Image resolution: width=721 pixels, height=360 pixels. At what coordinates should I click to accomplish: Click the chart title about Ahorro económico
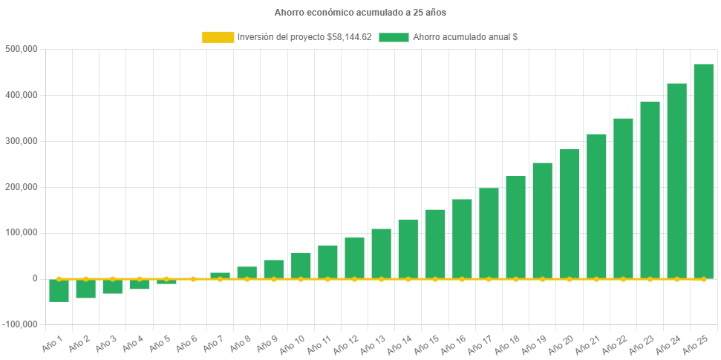click(360, 13)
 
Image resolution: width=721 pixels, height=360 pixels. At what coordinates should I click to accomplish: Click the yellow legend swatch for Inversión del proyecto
click(217, 37)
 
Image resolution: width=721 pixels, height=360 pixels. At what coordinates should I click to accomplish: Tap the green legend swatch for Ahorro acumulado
click(394, 37)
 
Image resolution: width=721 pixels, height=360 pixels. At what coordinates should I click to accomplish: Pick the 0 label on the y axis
click(35, 278)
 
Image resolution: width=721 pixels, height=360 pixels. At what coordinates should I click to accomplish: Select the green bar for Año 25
click(703, 171)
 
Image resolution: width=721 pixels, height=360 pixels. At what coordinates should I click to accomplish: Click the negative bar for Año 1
click(59, 291)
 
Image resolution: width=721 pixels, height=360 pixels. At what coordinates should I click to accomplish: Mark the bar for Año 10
click(301, 265)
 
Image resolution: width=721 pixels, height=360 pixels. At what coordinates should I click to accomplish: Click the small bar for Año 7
click(220, 275)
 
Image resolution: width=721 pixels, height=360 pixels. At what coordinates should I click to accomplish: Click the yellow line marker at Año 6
click(193, 279)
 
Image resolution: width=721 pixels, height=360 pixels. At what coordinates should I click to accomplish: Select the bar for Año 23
click(650, 189)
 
